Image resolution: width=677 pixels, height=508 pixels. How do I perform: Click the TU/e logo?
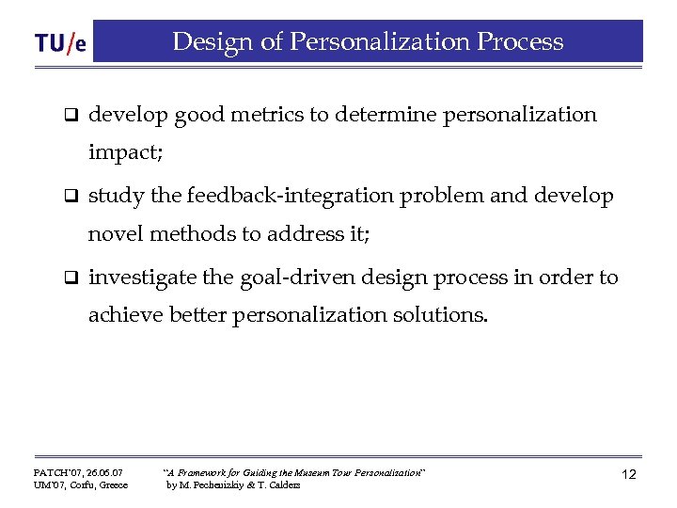click(x=60, y=43)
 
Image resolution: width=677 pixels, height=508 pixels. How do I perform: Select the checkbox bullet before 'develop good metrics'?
click(x=69, y=117)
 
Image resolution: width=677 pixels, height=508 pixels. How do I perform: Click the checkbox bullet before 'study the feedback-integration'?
click(x=69, y=198)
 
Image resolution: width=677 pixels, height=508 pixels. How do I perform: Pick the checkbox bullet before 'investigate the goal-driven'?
click(x=69, y=278)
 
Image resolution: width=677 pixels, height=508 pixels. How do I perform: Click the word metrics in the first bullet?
click(x=265, y=115)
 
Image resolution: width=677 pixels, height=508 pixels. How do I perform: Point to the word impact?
click(x=125, y=152)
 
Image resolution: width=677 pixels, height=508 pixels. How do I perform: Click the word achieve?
click(x=125, y=315)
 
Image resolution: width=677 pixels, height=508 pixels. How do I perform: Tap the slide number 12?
click(x=628, y=475)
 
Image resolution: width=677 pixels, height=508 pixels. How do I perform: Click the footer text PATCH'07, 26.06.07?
click(x=79, y=470)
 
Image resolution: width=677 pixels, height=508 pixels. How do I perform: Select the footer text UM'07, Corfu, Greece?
click(x=81, y=484)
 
